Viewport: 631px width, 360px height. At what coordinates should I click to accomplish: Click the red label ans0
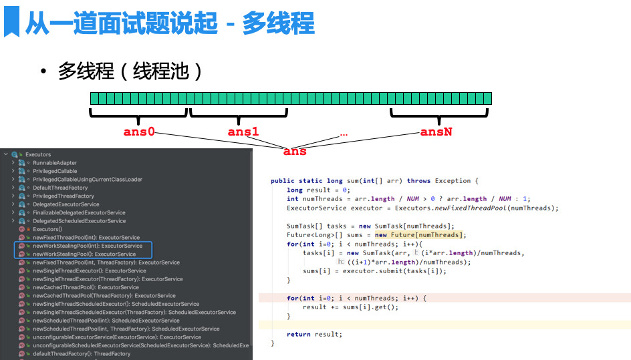139,132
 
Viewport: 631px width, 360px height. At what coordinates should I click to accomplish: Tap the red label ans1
243,132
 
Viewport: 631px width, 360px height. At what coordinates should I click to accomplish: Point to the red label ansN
436,132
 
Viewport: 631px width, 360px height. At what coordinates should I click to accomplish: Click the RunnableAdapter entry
55,163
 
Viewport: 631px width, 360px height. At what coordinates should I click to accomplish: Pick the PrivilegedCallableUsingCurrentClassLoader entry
88,180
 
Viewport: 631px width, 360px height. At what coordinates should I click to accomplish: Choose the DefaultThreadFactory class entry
60,188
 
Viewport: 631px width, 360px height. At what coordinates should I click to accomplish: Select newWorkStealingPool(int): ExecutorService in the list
88,246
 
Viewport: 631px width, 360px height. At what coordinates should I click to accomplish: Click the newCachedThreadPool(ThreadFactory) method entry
104,296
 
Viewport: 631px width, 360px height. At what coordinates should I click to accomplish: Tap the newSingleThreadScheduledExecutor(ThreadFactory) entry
134,313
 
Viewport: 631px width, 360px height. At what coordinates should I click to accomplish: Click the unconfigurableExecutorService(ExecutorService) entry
116,337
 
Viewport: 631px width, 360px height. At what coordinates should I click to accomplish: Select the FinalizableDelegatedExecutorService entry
79,212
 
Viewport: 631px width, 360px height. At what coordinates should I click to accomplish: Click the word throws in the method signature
418,181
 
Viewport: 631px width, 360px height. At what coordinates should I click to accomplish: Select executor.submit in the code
366,271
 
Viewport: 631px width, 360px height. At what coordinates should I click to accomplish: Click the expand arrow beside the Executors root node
6,154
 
